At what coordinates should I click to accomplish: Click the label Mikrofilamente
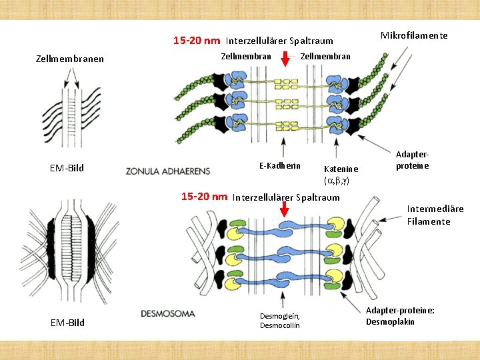pyautogui.click(x=413, y=35)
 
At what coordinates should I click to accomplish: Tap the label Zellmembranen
pyautogui.click(x=69, y=59)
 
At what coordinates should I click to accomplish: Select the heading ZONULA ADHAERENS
pyautogui.click(x=167, y=171)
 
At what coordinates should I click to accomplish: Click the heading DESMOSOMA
pyautogui.click(x=168, y=313)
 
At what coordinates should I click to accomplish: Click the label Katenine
pyautogui.click(x=341, y=169)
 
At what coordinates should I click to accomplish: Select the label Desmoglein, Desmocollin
pyautogui.click(x=280, y=321)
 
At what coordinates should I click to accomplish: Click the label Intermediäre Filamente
pyautogui.click(x=435, y=215)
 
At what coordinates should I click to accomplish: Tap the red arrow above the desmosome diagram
pyautogui.click(x=285, y=209)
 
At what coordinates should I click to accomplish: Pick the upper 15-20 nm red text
pyautogui.click(x=197, y=41)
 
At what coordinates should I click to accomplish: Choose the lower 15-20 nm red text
pyautogui.click(x=205, y=196)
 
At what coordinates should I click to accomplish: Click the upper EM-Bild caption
pyautogui.click(x=67, y=168)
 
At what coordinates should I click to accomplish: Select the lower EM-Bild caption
pyautogui.click(x=67, y=323)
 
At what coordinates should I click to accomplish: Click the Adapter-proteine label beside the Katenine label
pyautogui.click(x=412, y=160)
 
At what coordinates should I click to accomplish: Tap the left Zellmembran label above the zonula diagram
pyautogui.click(x=245, y=56)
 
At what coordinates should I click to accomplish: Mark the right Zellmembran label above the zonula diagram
pyautogui.click(x=325, y=56)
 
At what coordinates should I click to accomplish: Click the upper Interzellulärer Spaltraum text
pyautogui.click(x=279, y=41)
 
